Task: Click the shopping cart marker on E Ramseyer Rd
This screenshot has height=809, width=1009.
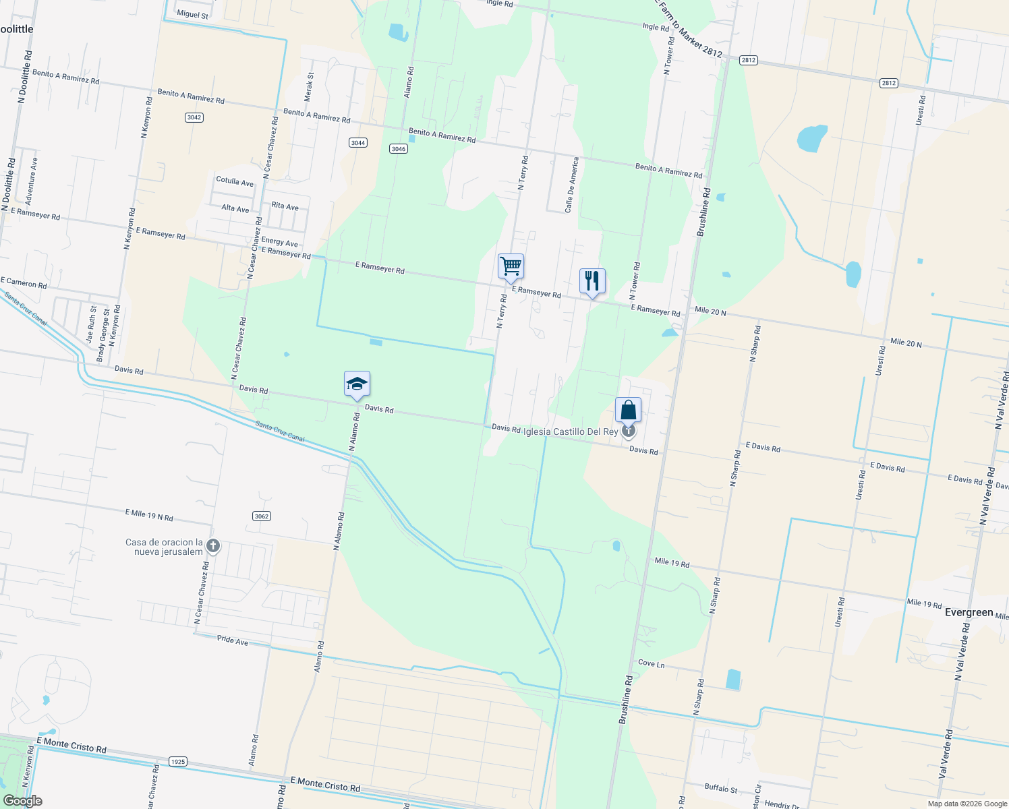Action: pyautogui.click(x=511, y=266)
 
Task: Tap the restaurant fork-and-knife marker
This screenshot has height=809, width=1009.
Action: pyautogui.click(x=592, y=280)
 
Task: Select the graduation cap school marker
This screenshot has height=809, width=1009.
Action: pyautogui.click(x=357, y=384)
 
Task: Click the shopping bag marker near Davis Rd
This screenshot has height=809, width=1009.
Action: pyautogui.click(x=628, y=410)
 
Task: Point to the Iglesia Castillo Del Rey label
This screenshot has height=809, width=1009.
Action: pyautogui.click(x=571, y=431)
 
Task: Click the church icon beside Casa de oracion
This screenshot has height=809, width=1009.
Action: pyautogui.click(x=213, y=546)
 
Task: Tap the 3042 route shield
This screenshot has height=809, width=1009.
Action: pyautogui.click(x=194, y=117)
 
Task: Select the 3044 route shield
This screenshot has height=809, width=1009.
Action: pyautogui.click(x=358, y=142)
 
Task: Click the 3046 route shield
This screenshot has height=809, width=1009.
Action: pyautogui.click(x=399, y=148)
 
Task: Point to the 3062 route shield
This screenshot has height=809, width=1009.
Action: pyautogui.click(x=262, y=516)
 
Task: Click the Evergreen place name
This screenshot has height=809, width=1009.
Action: pyautogui.click(x=969, y=612)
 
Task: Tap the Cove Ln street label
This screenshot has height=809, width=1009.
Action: pyautogui.click(x=651, y=663)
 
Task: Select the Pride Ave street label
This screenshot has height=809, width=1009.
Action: pyautogui.click(x=232, y=640)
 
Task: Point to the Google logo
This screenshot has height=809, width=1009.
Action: pyautogui.click(x=22, y=801)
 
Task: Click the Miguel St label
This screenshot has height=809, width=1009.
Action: pyautogui.click(x=192, y=14)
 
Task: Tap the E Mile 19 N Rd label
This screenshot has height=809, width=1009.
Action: pyautogui.click(x=149, y=515)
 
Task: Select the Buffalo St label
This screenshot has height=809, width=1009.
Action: pyautogui.click(x=720, y=787)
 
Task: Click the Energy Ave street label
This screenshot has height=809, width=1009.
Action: pyautogui.click(x=279, y=241)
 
